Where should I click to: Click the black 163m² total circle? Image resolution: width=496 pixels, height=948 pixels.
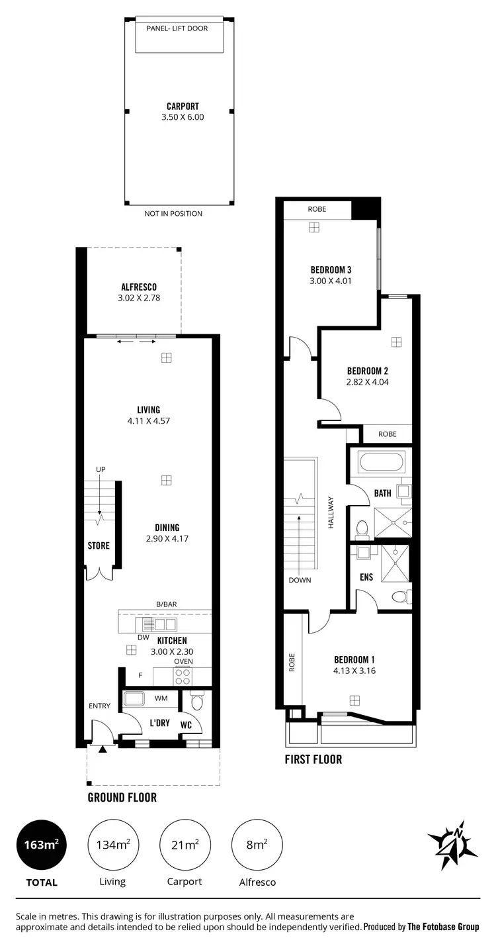point(42,845)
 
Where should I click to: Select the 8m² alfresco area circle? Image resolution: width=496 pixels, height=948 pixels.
point(257,845)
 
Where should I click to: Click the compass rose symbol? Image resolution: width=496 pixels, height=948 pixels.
point(452,840)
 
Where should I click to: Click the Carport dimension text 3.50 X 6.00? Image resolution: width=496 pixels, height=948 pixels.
point(183,117)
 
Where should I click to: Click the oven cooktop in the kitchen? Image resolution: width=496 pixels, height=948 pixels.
point(183,676)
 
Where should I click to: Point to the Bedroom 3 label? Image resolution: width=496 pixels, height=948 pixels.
point(331,269)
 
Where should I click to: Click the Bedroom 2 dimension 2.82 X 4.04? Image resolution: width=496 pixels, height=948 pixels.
point(366,382)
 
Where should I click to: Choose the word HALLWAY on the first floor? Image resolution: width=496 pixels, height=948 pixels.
point(331,512)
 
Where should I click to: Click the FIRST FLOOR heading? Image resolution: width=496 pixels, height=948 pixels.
point(313,759)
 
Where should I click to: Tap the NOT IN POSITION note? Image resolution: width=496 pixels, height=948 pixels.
point(173,214)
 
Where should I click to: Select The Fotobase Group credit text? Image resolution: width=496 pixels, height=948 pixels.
point(443,927)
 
